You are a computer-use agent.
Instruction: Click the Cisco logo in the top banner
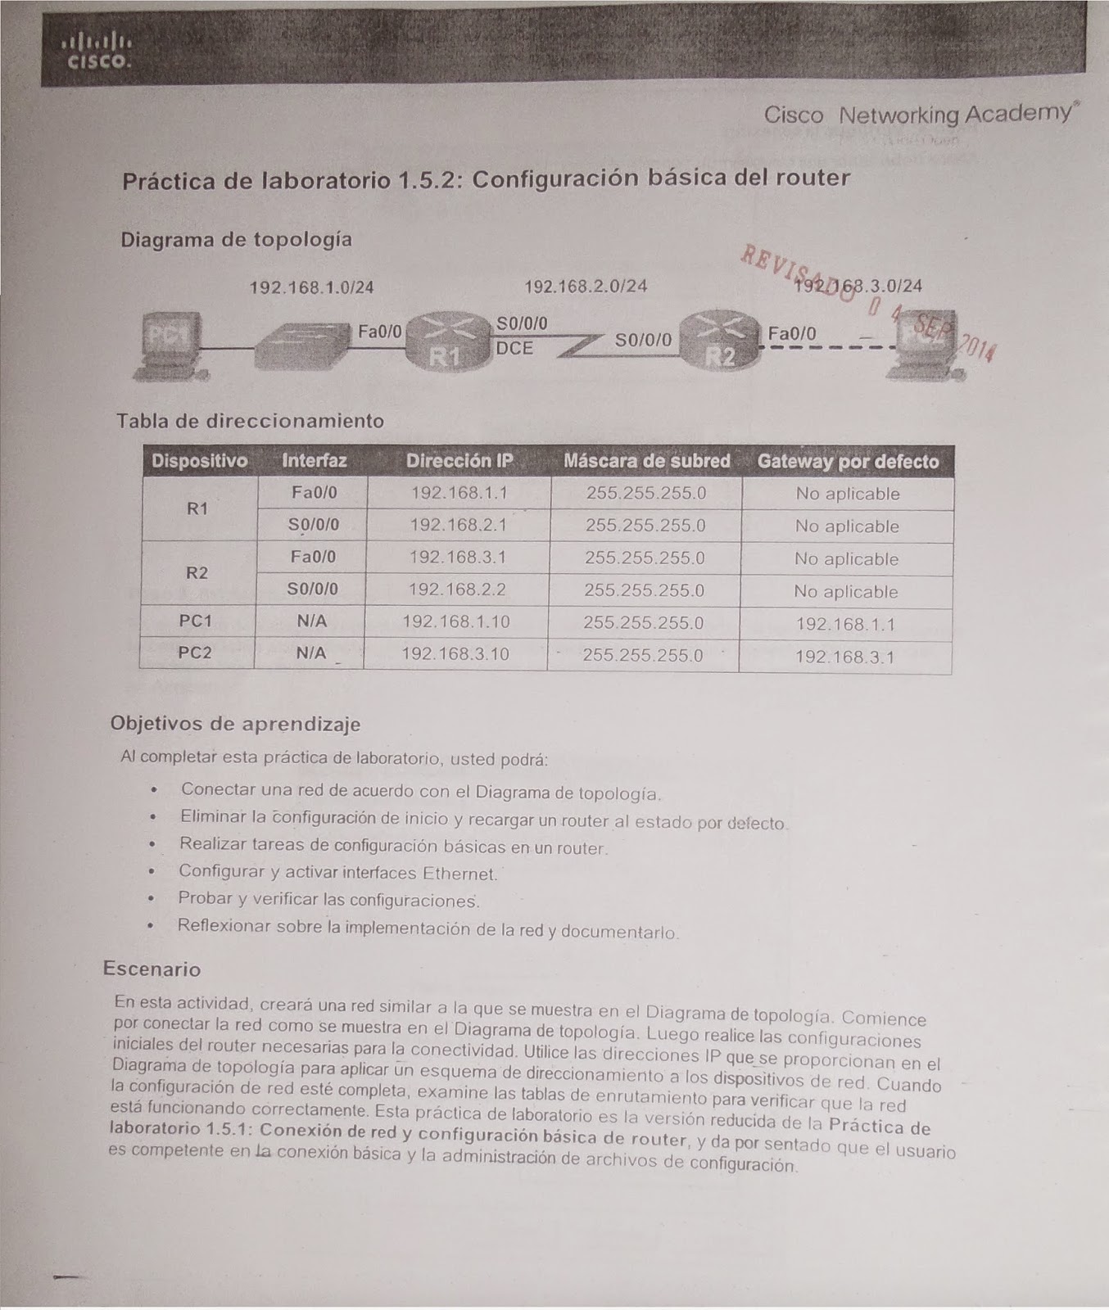click(x=97, y=52)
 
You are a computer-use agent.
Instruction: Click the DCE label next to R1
click(x=514, y=349)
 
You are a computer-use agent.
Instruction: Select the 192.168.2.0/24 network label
click(x=586, y=286)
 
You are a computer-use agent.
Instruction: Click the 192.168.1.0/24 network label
click(x=311, y=287)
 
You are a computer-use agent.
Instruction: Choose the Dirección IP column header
click(x=459, y=461)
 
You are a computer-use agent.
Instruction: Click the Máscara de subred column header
click(x=646, y=461)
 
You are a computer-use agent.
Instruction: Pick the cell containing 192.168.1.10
click(x=456, y=622)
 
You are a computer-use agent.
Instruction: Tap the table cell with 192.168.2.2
click(x=457, y=589)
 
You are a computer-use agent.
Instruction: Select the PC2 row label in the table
click(x=195, y=653)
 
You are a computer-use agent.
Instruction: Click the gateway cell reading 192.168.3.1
click(x=844, y=657)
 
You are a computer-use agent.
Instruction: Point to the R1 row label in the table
click(x=197, y=508)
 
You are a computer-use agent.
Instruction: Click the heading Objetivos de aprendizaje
click(x=235, y=724)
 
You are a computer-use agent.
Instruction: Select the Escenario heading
click(x=152, y=969)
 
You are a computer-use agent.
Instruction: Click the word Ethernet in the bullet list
click(x=459, y=874)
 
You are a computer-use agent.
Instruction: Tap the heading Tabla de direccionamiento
click(x=250, y=421)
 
